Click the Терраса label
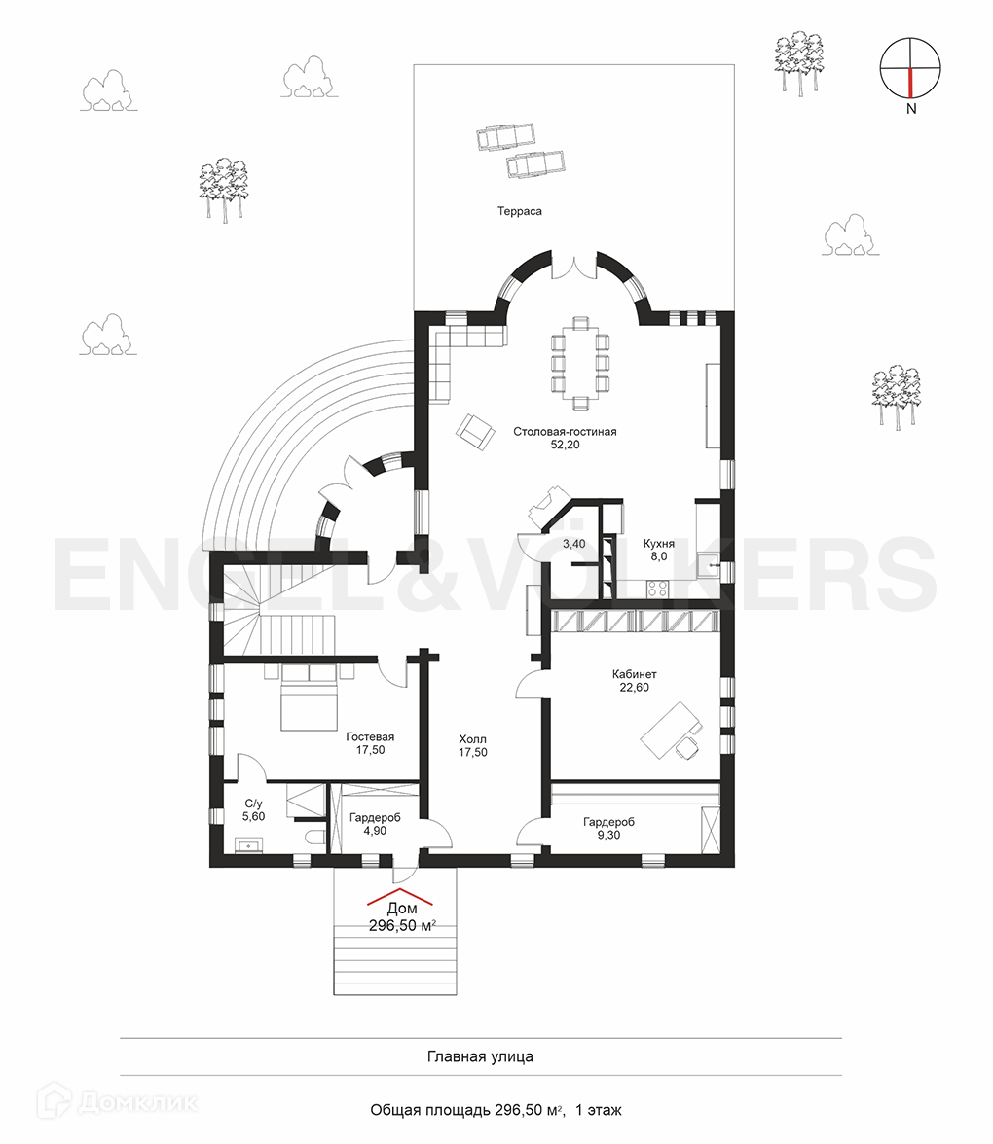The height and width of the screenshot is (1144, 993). (519, 212)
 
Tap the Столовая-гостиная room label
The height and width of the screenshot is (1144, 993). (565, 438)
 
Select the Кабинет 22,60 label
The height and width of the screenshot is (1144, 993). (634, 681)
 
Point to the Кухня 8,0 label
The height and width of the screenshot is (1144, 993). (658, 551)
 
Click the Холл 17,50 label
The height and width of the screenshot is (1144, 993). (472, 745)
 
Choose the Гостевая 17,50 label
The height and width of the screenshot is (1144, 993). (370, 743)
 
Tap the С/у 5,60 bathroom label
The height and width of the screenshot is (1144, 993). (253, 809)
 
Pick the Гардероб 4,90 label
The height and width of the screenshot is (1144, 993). (375, 824)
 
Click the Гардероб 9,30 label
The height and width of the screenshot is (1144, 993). (608, 828)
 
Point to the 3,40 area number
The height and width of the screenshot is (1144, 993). (574, 544)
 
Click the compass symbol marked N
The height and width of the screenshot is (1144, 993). (910, 69)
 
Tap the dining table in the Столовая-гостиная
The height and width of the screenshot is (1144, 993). (580, 364)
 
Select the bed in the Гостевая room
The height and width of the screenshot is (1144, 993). (309, 697)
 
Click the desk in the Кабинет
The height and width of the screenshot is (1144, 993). (670, 731)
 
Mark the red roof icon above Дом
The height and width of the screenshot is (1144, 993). (399, 897)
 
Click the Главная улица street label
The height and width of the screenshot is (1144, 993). (480, 1056)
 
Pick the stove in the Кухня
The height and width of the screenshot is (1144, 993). (657, 588)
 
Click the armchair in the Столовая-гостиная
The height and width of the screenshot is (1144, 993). (475, 430)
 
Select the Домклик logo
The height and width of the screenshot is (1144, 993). (117, 1101)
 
